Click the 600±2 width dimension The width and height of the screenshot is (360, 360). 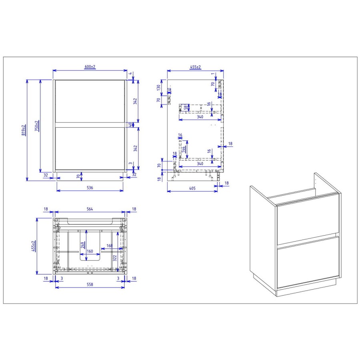(90, 67)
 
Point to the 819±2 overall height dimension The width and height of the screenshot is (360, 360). (24, 130)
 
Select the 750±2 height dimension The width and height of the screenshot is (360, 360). (37, 126)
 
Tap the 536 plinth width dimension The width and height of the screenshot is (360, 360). (90, 188)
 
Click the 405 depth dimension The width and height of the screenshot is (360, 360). (192, 188)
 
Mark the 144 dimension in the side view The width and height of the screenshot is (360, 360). (183, 150)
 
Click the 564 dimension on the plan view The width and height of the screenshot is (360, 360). (90, 208)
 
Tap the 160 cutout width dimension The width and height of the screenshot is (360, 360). (90, 252)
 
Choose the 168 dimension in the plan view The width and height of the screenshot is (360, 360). (109, 246)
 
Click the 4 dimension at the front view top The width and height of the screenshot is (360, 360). (130, 73)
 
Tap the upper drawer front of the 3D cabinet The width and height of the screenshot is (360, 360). (307, 218)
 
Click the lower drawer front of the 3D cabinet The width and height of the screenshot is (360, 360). (307, 262)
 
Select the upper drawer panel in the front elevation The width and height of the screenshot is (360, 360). (89, 100)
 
